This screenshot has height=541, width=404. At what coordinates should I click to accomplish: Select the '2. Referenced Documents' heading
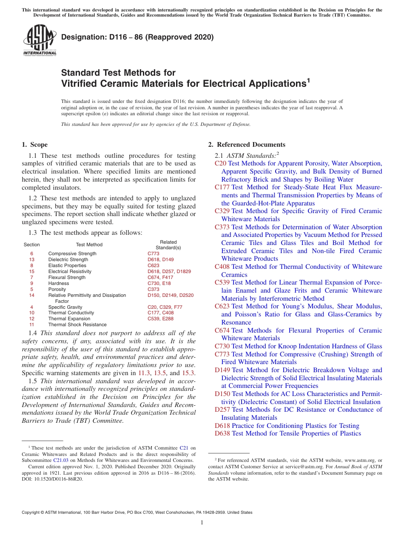click(x=246, y=145)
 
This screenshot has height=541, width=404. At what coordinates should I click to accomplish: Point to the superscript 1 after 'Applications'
click(x=308, y=80)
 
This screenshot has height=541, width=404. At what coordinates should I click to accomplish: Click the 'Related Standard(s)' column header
click(x=168, y=245)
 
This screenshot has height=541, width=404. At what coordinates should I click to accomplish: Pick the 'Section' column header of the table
click(x=31, y=245)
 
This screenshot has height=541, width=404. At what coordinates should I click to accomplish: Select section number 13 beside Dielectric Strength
click(x=31, y=259)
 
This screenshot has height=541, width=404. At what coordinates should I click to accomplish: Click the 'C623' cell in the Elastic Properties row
click(x=154, y=265)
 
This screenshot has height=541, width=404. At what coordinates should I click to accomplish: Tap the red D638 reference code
click(x=222, y=433)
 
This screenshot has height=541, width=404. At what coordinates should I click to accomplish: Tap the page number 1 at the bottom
click(x=202, y=523)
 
